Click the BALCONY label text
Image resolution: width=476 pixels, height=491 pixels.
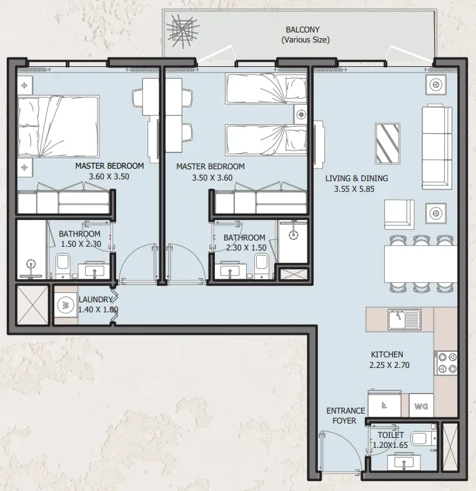[302, 30]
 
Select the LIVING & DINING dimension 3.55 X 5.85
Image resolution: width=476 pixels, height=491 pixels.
[354, 189]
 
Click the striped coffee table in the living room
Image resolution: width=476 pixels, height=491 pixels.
[387, 144]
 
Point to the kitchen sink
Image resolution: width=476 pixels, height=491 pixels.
[405, 319]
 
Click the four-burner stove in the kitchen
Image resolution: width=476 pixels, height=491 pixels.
[445, 363]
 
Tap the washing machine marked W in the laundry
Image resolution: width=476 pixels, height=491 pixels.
[66, 305]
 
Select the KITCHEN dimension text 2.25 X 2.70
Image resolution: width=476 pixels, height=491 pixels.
[389, 365]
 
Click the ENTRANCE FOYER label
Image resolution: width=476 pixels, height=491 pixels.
[345, 415]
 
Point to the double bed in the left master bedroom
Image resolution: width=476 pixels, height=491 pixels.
[58, 126]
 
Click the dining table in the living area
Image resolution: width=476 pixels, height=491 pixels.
[420, 264]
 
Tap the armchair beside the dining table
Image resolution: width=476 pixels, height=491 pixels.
[399, 214]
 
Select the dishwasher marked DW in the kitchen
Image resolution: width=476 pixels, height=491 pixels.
[421, 406]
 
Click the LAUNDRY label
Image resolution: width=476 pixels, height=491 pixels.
[95, 300]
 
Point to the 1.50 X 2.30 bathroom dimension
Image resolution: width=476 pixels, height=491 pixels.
[81, 244]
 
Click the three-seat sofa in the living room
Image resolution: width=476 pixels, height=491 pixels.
[437, 147]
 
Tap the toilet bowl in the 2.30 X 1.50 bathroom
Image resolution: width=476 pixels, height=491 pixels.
[262, 265]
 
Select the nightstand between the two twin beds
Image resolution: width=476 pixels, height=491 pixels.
[300, 114]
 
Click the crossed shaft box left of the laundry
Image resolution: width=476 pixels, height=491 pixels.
[32, 305]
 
